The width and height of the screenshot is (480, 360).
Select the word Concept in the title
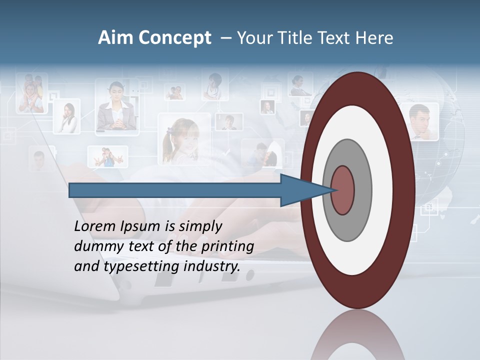(x=175, y=38)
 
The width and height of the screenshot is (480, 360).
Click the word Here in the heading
(x=374, y=38)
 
